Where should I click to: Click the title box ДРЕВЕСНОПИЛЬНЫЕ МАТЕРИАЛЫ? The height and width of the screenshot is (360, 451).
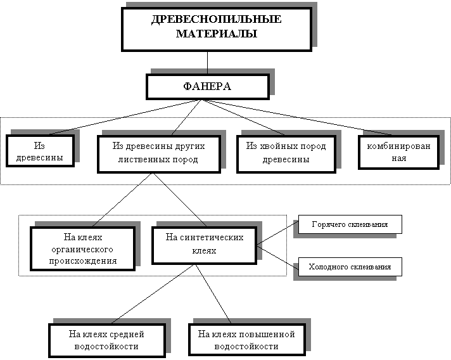coord(216,27)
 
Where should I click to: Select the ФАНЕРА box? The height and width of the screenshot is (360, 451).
coord(207,86)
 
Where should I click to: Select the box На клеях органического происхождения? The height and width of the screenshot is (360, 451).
coord(83,248)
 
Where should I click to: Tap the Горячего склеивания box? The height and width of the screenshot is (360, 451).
coord(349,225)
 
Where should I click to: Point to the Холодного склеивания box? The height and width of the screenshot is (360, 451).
coord(349,267)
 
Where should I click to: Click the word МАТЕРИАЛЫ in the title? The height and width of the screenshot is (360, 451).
coord(216,34)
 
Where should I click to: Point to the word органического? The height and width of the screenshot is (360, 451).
coord(83,249)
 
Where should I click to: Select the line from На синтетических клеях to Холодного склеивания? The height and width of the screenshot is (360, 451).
coord(276,255)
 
